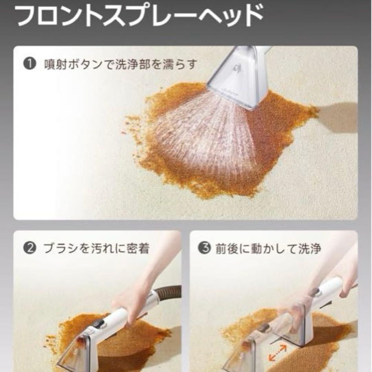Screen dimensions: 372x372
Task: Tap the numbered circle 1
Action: tap(30, 64)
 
